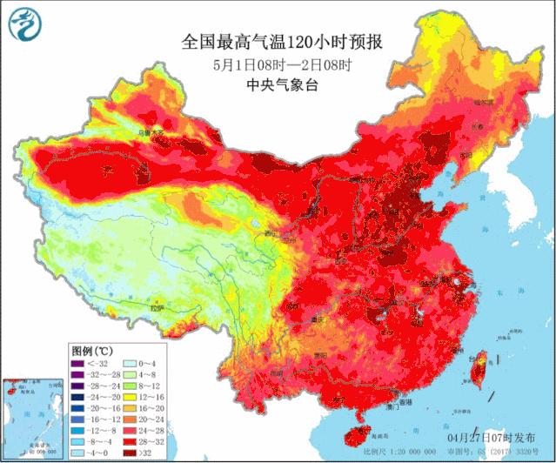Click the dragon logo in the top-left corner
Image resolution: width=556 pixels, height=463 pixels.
[x=24, y=24]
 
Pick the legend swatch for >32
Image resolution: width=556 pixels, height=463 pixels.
[x=130, y=452]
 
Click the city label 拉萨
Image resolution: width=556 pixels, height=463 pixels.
[x=157, y=307]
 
